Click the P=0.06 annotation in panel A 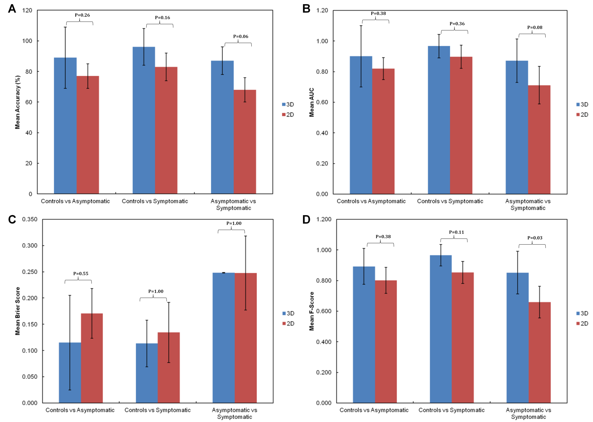(x=240, y=36)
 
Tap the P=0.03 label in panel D (x=535, y=238)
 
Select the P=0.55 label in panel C (x=81, y=274)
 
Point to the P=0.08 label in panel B (x=535, y=27)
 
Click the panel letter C (x=12, y=220)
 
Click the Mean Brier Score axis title (x=17, y=311)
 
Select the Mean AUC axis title (x=311, y=102)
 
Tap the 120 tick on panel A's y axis (x=27, y=10)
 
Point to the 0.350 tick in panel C (x=30, y=219)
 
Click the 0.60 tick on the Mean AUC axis (x=322, y=102)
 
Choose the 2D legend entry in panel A (x=288, y=115)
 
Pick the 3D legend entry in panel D (x=582, y=313)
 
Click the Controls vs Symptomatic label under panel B (x=450, y=201)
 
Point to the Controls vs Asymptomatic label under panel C (x=80, y=410)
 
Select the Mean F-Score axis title (x=311, y=311)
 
